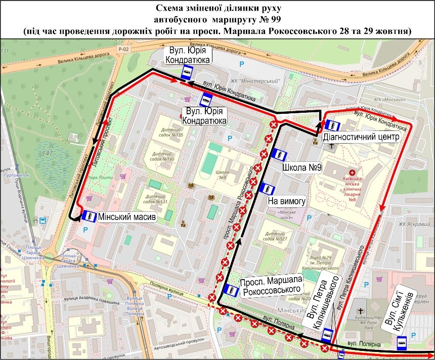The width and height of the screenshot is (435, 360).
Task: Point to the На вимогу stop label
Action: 287,201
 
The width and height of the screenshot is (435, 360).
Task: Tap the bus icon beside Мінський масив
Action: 89,216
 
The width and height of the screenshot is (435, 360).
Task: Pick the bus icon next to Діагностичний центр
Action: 332,125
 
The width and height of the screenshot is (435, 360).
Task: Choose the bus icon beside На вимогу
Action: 267,189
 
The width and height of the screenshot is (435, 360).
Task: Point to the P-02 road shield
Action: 122,49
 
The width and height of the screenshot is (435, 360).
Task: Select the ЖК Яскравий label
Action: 410,224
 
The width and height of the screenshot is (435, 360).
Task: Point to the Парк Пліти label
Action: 102,177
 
